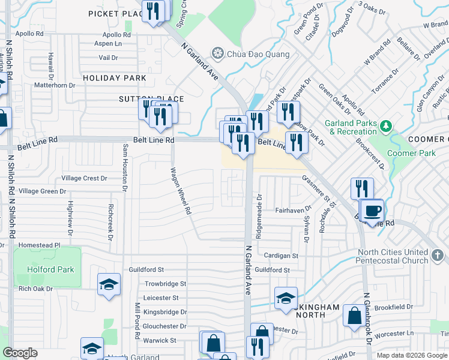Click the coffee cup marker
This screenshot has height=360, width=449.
pos(373,211)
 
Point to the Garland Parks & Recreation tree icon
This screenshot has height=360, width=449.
pos(387,126)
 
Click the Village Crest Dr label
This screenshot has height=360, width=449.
pos(85,178)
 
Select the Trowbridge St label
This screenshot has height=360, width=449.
pos(165,283)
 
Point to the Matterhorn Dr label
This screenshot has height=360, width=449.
pos(55,85)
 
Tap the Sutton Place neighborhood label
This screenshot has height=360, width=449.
pos(151,99)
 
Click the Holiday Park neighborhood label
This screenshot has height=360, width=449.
pos(115,78)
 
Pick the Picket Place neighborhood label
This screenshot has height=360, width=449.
pos(115,13)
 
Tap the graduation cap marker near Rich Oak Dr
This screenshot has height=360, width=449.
pos(109,284)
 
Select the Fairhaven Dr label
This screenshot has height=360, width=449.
pos(292,210)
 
